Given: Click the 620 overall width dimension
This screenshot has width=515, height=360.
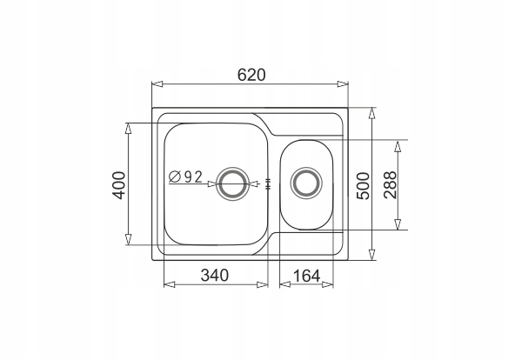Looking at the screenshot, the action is pos(251,75).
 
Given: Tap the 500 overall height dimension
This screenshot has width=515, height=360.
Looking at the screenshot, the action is pos(364,186).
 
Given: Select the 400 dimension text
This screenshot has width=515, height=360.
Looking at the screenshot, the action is pos(119,185).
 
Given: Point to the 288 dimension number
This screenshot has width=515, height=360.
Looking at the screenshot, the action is pos(391,185).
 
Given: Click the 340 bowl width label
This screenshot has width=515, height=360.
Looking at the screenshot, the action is pos(215,275).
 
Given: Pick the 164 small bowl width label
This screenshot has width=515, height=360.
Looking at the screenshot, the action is pos(306,276).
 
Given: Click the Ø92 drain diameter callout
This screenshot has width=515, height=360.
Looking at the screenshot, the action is pos(185,177).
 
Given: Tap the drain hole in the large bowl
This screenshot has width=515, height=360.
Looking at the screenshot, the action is pos(232,183).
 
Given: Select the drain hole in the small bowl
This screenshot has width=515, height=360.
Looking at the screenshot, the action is pos(306,183).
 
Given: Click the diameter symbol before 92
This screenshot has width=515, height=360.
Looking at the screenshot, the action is pos(175,177).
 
